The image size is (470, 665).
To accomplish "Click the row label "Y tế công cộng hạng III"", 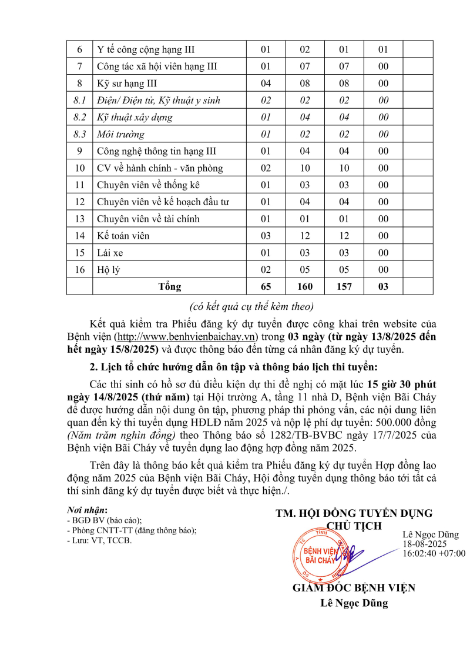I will pos(146,49).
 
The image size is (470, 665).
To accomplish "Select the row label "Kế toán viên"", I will pos(123,236).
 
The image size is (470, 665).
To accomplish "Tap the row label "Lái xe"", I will pos(110,253).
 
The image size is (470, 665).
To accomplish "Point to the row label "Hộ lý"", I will pos(109,270).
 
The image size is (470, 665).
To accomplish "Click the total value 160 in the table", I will pos(305,287).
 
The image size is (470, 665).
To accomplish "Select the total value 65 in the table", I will pos(266,287).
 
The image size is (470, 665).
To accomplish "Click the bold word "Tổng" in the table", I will pos(170,287).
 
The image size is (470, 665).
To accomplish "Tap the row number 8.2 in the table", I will pos(80,117).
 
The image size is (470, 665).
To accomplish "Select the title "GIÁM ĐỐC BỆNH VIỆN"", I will pos(354,587).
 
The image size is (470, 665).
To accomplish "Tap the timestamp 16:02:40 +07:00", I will pos(434,553).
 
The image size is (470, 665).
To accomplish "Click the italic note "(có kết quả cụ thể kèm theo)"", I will pos(251,306).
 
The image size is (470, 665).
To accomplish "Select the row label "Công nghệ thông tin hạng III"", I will pos(157,151).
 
